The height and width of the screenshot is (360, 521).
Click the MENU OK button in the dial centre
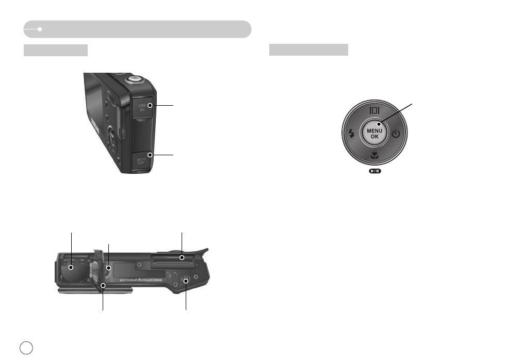point(375,134)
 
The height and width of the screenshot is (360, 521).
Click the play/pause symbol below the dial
point(375,171)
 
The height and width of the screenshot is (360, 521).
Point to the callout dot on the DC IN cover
point(150,154)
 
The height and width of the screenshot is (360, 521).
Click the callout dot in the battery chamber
point(71,267)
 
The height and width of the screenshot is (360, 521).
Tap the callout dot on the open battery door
point(103,285)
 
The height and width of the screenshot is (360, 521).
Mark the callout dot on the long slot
point(182,256)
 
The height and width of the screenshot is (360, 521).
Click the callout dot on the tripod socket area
point(186,282)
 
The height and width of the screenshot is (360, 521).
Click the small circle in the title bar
point(39,29)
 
